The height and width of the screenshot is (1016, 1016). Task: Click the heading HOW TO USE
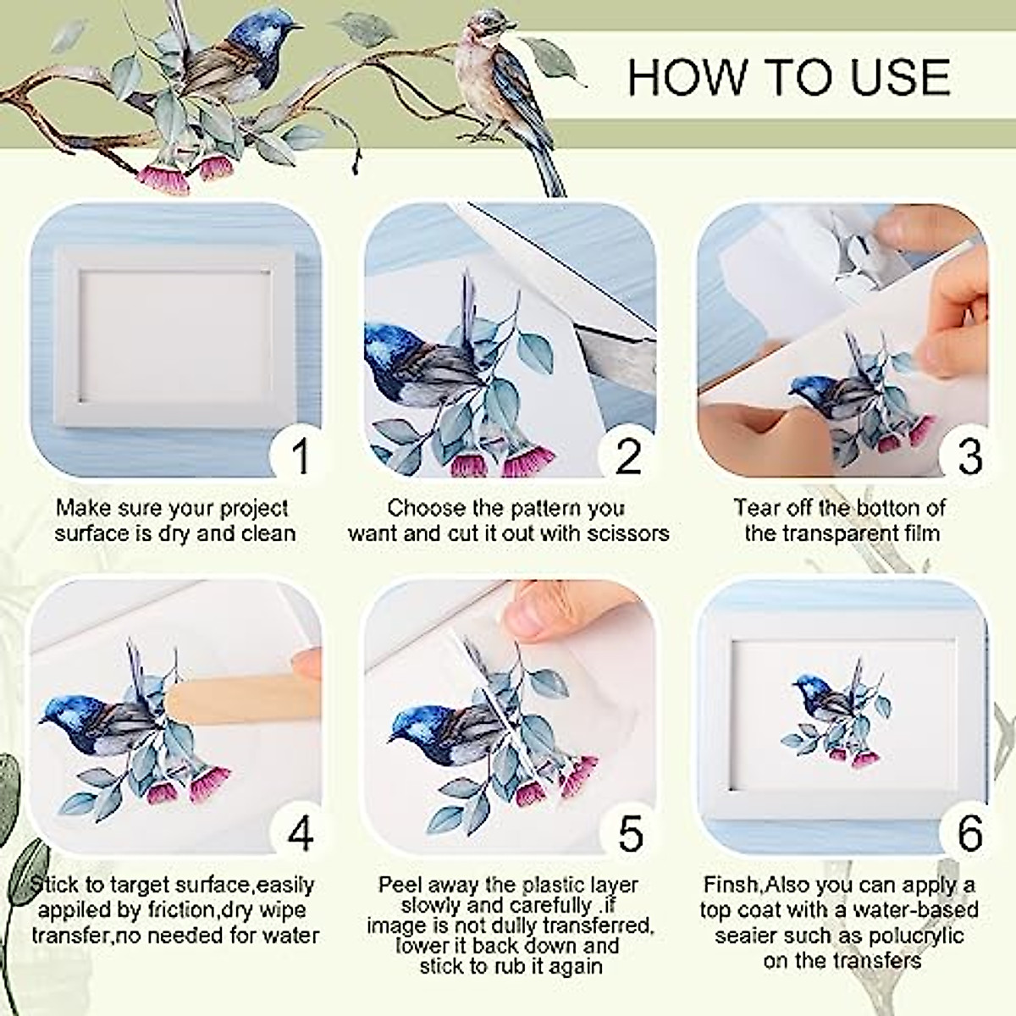pyautogui.click(x=788, y=77)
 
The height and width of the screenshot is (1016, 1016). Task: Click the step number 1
pyautogui.click(x=299, y=455)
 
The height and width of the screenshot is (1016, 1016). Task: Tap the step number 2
pyautogui.click(x=628, y=456)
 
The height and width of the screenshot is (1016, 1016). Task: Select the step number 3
pyautogui.click(x=969, y=456)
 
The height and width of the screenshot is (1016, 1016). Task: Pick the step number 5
pyautogui.click(x=631, y=833)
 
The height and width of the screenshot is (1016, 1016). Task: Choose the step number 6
pyautogui.click(x=970, y=833)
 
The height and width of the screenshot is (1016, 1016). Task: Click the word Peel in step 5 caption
pyautogui.click(x=398, y=886)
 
